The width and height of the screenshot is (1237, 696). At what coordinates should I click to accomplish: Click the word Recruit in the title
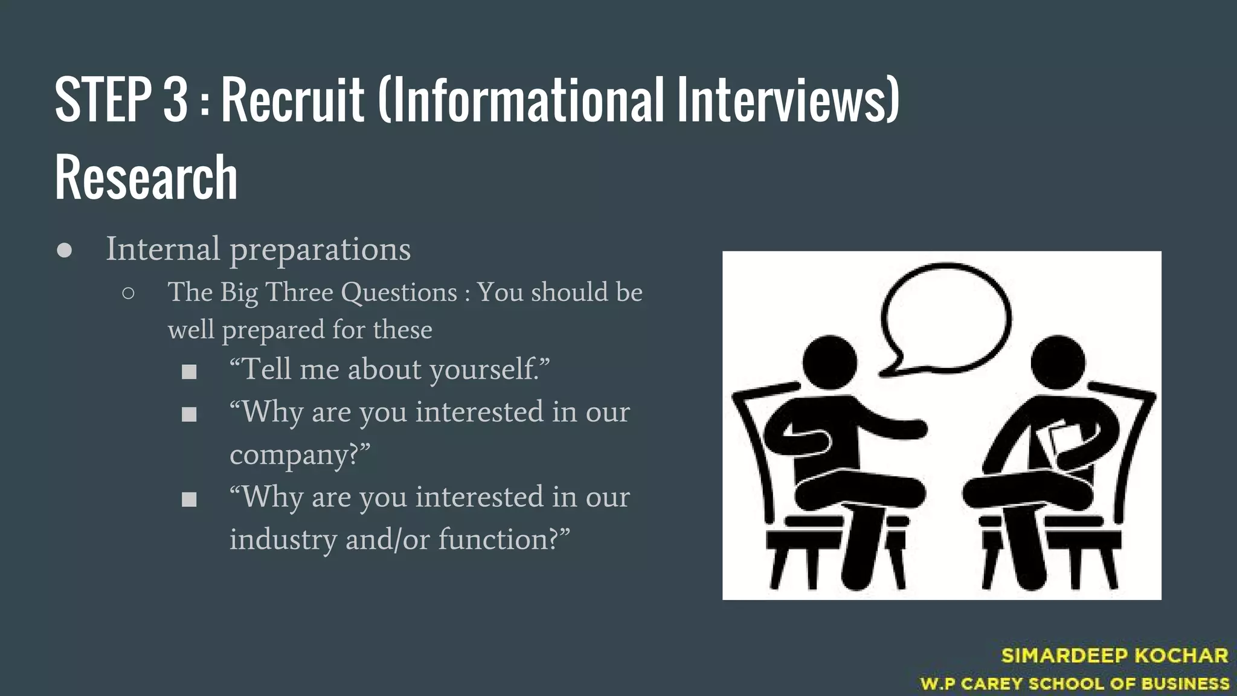point(293,100)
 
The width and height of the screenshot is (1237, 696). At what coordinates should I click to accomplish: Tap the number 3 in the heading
point(175,100)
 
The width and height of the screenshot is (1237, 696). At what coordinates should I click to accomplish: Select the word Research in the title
point(146,177)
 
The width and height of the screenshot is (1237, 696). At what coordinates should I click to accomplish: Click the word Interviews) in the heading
point(788,100)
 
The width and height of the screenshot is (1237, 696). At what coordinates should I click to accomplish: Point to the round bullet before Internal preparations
point(65,251)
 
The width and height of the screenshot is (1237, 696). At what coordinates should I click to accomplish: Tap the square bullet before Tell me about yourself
point(189,372)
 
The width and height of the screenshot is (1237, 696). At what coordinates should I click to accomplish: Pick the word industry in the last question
point(283,540)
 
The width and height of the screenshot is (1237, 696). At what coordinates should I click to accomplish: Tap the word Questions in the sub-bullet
point(399,292)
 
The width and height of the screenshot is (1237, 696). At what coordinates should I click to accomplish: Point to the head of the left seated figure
point(829,363)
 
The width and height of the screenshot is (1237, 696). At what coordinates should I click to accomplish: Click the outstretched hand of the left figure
point(915,428)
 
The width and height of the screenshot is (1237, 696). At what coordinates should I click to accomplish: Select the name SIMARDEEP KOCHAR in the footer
point(1114,656)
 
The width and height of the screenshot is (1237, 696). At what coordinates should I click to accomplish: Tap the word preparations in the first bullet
point(320,250)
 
